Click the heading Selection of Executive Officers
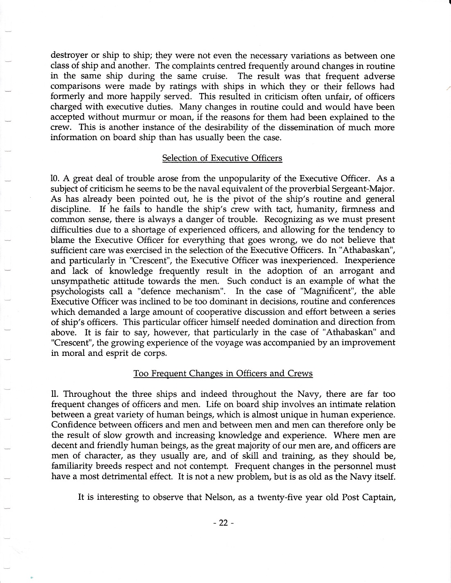click(222, 158)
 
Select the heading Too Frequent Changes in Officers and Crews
click(223, 373)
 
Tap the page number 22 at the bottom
click(223, 523)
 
